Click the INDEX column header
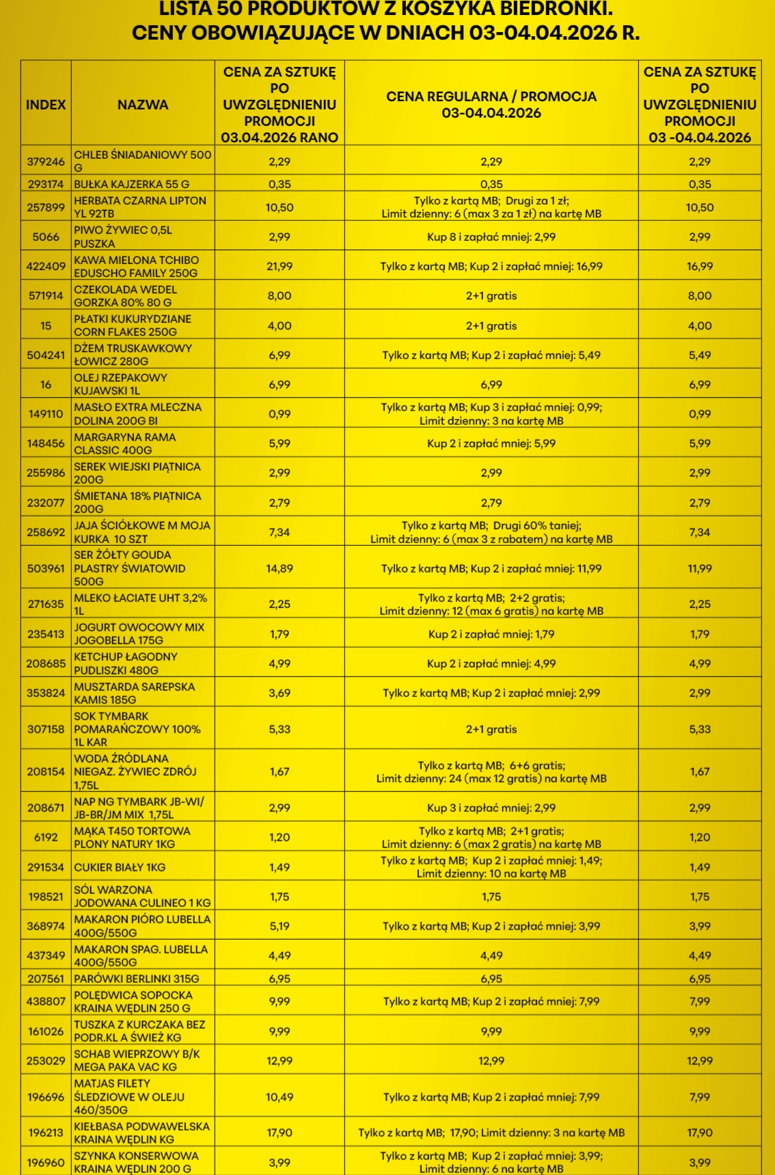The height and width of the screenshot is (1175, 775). [x=46, y=105]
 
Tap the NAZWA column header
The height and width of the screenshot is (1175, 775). [x=143, y=105]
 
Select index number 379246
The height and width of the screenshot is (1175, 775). [x=46, y=162]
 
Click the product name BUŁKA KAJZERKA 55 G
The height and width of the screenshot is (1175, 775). [x=132, y=184]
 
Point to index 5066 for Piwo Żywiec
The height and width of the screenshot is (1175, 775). [x=46, y=237]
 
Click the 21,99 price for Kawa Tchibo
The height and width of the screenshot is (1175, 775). [x=280, y=267]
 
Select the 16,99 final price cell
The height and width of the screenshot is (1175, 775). [x=700, y=267]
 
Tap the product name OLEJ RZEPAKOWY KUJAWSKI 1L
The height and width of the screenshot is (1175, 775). [x=121, y=384]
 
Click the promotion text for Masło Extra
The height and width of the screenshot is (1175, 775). [x=491, y=414]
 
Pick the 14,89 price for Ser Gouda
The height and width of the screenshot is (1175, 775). [x=280, y=568]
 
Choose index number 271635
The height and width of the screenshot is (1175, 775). [x=46, y=605]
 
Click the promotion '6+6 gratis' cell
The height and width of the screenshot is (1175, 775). [x=491, y=772]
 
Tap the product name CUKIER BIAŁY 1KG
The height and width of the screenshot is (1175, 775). [x=120, y=867]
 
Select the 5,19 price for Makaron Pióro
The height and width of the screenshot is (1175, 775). [x=280, y=926]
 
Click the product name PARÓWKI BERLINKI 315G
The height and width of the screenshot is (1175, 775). [x=137, y=979]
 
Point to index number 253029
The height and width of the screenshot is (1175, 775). [x=46, y=1061]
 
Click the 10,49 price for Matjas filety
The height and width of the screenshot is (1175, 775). [x=280, y=1097]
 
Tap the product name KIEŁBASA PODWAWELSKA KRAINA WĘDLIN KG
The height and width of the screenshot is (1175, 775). [x=142, y=1133]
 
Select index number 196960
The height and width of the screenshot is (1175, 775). [x=46, y=1163]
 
